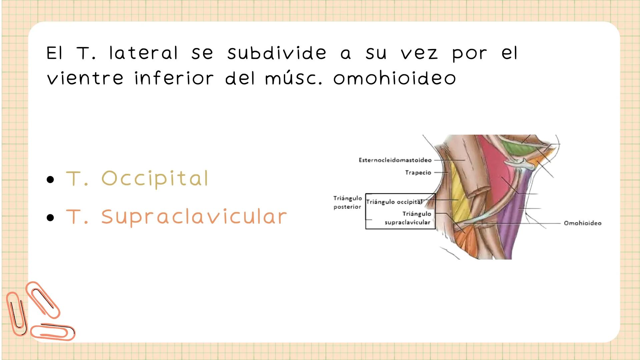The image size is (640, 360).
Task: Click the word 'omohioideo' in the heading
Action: (394, 78)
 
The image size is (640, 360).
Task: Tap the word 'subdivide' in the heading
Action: (276, 53)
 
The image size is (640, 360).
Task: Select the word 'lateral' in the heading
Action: (143, 53)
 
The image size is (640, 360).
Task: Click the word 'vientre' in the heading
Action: (85, 78)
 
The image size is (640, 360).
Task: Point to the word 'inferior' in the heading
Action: (174, 78)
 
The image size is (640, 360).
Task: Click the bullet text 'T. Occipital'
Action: (137, 178)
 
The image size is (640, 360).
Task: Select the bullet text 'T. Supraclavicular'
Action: (176, 217)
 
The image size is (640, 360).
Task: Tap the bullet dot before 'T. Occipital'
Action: (50, 180)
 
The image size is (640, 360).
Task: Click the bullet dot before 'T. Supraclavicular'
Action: (50, 218)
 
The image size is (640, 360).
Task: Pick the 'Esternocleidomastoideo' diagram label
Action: (395, 160)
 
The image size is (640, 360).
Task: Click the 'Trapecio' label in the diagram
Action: (418, 173)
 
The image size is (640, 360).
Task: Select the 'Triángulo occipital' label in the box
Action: (394, 202)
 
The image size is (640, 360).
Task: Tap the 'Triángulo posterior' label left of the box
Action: (347, 202)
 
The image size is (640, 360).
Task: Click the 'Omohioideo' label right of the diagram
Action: (582, 223)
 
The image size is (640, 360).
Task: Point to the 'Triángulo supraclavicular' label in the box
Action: (408, 218)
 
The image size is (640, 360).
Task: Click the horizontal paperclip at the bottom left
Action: (53, 332)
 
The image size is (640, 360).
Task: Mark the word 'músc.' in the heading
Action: (293, 78)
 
